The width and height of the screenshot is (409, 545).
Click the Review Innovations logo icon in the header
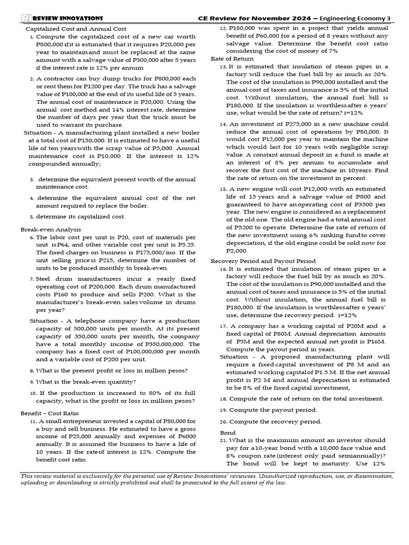(26, 18)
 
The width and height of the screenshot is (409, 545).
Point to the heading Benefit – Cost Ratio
(50, 413)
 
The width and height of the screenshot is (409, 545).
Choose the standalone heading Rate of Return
(232, 59)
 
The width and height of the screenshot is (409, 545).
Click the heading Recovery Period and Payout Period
(263, 261)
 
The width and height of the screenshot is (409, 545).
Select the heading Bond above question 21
(227, 433)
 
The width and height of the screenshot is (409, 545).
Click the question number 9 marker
(32, 382)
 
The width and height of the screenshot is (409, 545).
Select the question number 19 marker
(224, 410)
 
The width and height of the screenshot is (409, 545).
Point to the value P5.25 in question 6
(184, 245)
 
